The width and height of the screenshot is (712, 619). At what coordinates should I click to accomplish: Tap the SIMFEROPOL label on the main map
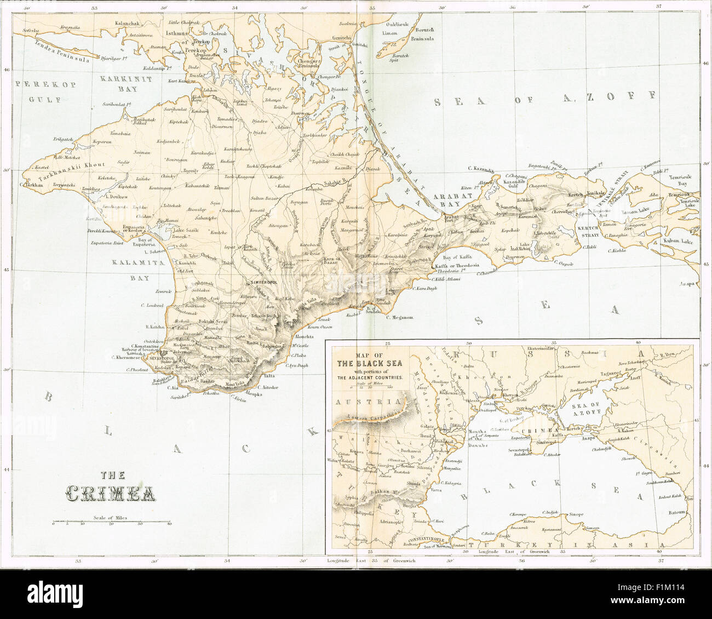pos(266,282)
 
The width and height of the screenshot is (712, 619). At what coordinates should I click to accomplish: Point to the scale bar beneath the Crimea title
pos(111,521)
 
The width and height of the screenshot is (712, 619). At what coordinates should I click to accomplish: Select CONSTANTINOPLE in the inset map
pos(422,538)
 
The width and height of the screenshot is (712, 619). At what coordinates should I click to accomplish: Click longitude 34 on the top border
pos(234,8)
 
